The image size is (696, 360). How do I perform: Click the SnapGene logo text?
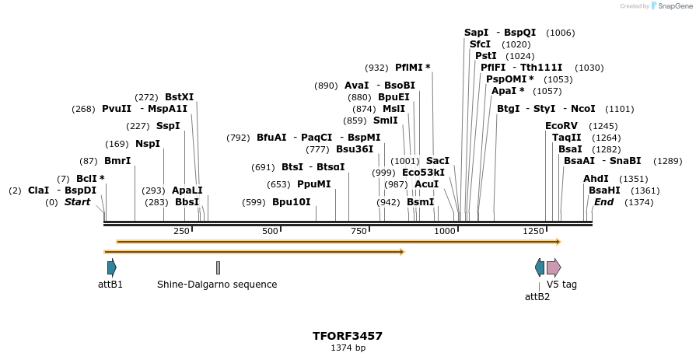tap(673, 6)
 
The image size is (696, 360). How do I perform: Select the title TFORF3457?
tap(348, 336)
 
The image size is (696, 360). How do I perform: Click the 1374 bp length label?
tap(348, 348)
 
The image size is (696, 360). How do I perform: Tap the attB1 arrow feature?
tap(112, 267)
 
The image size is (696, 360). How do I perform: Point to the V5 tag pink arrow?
tap(553, 267)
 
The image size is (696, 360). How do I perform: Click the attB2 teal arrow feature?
tap(540, 267)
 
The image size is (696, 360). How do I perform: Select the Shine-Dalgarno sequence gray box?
tap(218, 267)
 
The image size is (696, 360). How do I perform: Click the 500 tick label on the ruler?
tap(270, 232)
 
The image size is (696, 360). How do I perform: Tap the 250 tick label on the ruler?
tap(181, 232)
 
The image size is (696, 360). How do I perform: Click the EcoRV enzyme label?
tap(561, 126)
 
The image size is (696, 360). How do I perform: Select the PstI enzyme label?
tap(486, 56)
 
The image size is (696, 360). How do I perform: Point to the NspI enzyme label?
tap(148, 144)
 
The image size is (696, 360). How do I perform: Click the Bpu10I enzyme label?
tap(291, 202)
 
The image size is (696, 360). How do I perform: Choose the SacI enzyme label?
tap(438, 161)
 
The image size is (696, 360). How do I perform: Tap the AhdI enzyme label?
tap(596, 179)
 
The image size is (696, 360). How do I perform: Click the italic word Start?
tap(77, 202)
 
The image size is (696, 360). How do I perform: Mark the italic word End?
tap(603, 202)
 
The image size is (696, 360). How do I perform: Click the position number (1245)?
tap(603, 126)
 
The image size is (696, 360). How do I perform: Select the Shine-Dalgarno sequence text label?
tap(217, 285)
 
